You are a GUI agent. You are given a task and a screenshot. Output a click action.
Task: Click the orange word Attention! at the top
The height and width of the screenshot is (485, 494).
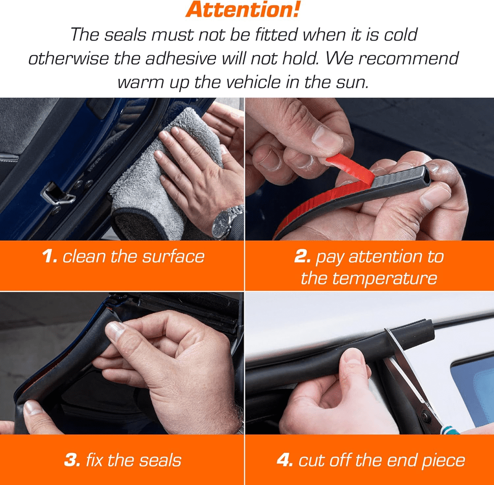tap(243, 9)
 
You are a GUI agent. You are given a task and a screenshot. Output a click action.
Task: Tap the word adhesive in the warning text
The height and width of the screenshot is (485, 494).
tap(180, 59)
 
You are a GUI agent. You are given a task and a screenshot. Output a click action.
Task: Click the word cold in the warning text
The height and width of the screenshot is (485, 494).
tap(401, 35)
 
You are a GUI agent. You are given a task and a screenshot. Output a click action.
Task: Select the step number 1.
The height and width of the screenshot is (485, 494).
tap(50, 256)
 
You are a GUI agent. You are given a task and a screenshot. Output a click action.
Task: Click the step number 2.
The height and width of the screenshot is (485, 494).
tap(302, 256)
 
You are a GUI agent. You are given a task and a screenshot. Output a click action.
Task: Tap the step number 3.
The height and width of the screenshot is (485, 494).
tap(72, 460)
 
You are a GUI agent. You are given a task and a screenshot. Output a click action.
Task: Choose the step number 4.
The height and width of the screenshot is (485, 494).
tap(285, 460)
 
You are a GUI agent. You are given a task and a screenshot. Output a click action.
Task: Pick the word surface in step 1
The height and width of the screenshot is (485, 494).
tap(173, 256)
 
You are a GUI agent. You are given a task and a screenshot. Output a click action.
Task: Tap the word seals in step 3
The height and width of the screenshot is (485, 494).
tap(161, 460)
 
